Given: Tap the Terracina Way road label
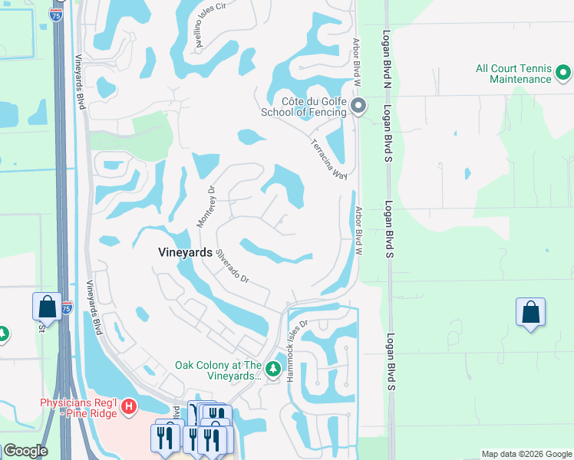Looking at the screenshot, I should (329, 159).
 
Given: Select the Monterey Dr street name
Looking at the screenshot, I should (206, 205).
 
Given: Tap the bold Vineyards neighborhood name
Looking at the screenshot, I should (184, 251).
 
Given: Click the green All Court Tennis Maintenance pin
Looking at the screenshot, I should (563, 74).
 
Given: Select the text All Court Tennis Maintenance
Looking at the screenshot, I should (513, 74).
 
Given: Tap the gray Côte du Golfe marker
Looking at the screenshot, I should (358, 107).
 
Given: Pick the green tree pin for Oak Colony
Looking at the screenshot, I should (273, 370).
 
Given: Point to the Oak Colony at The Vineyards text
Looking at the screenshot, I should (219, 370).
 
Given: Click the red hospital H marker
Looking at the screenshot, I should (129, 404).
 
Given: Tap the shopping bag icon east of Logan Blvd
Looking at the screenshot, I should (530, 313).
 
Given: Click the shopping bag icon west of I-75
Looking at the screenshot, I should (47, 307).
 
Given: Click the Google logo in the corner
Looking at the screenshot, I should (25, 450).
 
